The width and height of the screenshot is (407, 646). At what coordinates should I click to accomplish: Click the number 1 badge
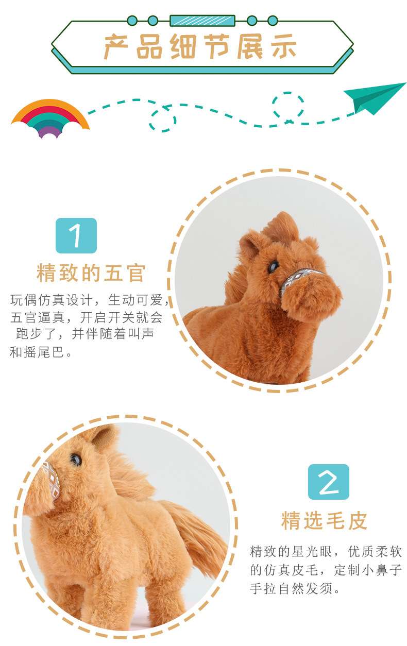point(76,235)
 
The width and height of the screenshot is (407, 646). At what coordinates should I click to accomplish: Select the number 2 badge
point(329,482)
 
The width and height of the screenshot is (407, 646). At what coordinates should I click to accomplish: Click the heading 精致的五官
point(91,273)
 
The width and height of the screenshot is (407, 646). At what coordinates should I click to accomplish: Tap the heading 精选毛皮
point(324,520)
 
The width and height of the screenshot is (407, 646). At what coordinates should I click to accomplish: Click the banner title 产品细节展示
point(200,46)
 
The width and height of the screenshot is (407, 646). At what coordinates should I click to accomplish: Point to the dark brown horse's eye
point(273,267)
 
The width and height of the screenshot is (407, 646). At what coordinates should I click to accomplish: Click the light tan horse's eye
point(76,459)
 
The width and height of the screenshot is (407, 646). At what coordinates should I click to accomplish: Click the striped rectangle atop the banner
point(202,21)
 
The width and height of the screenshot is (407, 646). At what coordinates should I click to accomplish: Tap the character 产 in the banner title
point(116,46)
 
